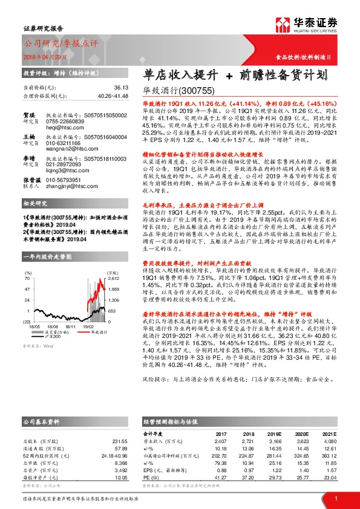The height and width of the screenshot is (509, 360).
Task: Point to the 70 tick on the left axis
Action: click(x=27, y=262)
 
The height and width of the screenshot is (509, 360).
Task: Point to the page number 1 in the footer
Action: click(x=335, y=497)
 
